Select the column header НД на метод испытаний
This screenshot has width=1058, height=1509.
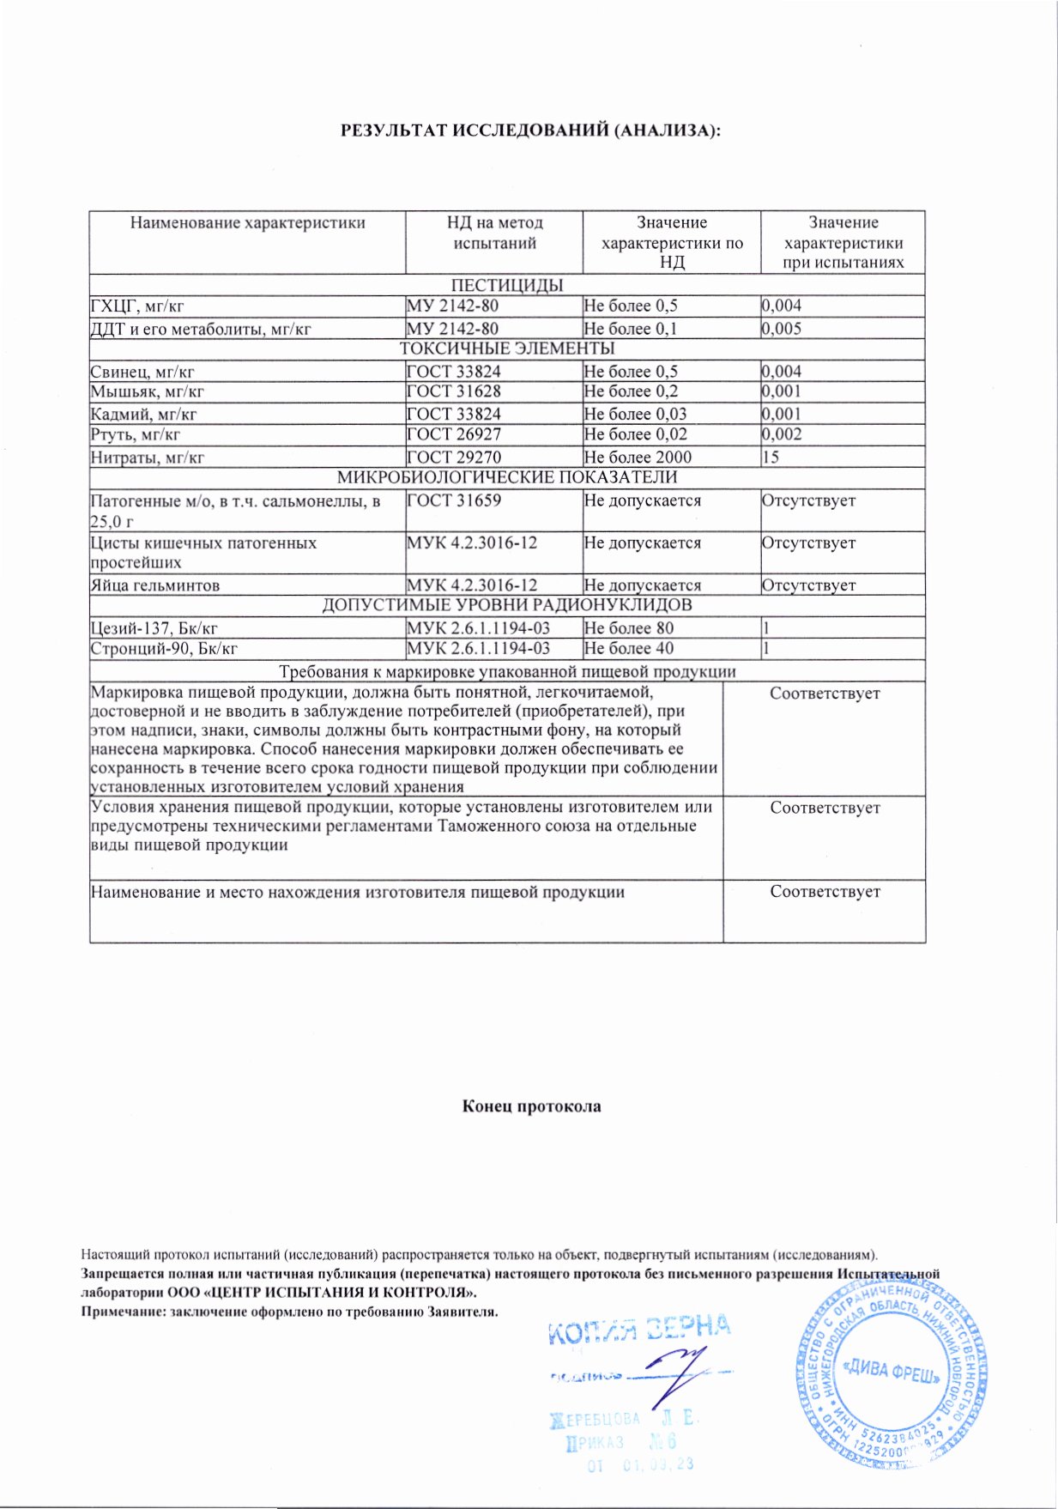pos(494,233)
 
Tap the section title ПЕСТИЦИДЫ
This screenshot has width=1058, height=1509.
pos(507,286)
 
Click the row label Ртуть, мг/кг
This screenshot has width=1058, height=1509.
pos(136,435)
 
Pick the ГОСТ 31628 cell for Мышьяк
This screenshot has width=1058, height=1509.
pos(454,391)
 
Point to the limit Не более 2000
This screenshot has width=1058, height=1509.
pos(638,458)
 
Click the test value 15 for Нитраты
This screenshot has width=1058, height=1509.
pos(771,458)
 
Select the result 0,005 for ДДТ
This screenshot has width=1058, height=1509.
pos(782,329)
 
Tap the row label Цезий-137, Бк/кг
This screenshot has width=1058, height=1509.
pos(154,628)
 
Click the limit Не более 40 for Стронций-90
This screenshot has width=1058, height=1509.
pos(629,649)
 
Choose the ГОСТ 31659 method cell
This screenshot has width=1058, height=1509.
pos(454,500)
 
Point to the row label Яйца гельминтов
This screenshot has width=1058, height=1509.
pos(155,585)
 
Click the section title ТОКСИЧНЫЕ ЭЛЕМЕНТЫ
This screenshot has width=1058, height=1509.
pos(507,349)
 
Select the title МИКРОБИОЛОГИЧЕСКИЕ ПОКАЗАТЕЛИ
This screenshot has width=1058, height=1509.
pos(507,478)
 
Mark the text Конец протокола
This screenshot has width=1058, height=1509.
pos(532,1106)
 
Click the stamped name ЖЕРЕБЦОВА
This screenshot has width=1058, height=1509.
pos(596,1419)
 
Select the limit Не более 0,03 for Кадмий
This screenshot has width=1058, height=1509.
pos(635,414)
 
